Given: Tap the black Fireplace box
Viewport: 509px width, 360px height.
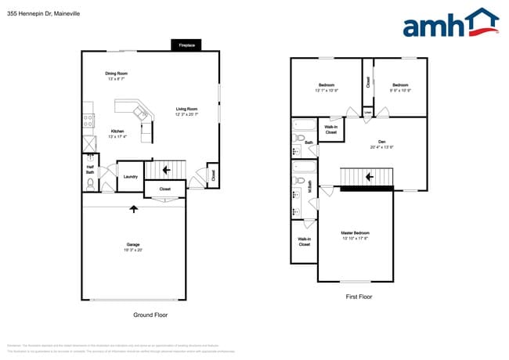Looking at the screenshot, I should [186, 45].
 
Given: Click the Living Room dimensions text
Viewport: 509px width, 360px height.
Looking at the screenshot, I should [186, 114].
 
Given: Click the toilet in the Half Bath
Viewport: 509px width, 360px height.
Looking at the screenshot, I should [91, 184].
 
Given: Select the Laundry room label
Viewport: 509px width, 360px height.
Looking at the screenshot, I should [131, 177].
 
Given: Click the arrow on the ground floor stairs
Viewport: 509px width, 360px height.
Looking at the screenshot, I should [165, 167].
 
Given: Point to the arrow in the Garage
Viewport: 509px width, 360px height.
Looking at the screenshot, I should [133, 208].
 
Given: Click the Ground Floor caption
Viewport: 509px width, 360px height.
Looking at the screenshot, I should [150, 315].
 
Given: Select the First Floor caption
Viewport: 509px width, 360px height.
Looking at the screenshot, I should [358, 297].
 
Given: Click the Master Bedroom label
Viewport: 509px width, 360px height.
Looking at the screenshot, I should [355, 232].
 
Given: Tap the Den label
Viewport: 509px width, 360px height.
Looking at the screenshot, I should [381, 142].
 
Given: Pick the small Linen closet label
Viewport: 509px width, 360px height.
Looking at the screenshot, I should [367, 113].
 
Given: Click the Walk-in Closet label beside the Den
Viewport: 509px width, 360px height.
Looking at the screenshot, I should [331, 129].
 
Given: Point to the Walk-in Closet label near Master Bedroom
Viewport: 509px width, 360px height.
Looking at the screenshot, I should [304, 242].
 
